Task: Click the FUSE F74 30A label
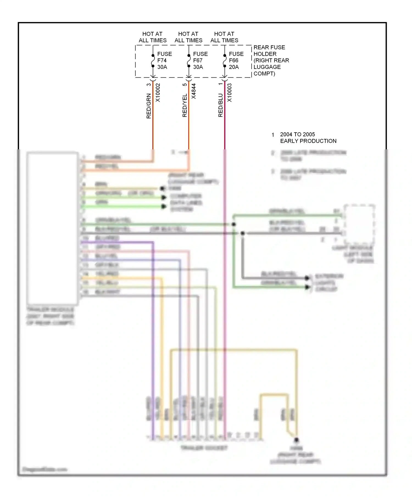point(164,60)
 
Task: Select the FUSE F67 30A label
point(200,60)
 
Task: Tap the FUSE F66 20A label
point(236,60)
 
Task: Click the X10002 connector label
point(158,93)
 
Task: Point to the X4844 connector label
point(194,91)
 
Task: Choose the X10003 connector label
point(230,93)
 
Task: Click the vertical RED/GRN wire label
point(149,106)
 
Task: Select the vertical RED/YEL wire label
point(185,105)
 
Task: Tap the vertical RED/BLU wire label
point(221,105)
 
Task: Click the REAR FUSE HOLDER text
point(271,60)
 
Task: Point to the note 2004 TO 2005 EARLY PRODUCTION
point(308,138)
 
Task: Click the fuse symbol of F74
point(153,61)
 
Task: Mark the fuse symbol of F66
point(225,61)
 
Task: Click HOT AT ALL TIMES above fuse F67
point(188,37)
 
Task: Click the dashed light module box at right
point(359,225)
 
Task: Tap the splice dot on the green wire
point(234,224)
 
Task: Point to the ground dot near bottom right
point(297,440)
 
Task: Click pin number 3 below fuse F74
point(149,85)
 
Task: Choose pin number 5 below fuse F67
point(185,85)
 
